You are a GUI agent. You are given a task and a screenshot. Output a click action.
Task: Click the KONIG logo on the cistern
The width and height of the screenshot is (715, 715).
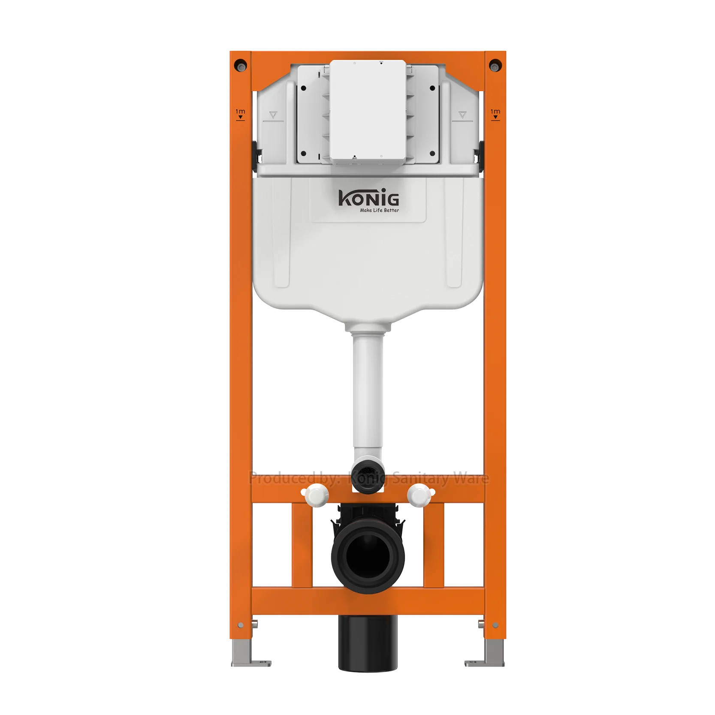point(368,198)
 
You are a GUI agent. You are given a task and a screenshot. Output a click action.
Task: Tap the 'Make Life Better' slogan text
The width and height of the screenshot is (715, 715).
point(379,210)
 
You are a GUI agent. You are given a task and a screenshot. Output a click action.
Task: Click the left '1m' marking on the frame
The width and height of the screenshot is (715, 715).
point(240,114)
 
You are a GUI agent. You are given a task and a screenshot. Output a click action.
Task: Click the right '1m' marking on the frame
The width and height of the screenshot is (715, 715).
point(495,114)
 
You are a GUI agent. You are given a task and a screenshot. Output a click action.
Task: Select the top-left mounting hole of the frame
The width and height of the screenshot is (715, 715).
point(241,65)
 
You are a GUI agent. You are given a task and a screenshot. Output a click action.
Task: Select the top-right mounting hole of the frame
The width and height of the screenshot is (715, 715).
point(495,65)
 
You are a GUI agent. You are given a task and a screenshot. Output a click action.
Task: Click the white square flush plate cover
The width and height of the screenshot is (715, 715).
point(368,112)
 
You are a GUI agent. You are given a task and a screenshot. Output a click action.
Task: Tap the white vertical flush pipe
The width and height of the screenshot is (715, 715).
point(367,395)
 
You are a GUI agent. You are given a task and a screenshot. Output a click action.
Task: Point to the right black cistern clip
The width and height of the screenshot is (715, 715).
point(479,153)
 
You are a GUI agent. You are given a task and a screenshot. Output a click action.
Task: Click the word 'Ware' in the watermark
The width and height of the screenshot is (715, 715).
point(471,478)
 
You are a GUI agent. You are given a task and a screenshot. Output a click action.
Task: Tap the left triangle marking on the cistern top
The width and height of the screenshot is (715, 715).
point(273,115)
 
